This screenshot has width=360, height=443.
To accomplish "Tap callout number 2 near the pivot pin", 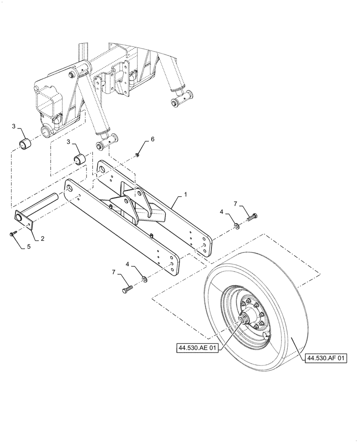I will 43,238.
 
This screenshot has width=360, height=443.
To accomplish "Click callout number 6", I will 153,139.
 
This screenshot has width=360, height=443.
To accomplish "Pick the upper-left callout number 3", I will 14,127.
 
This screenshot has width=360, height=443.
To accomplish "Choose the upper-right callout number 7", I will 236,204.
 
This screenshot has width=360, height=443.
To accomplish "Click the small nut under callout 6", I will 138,155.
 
